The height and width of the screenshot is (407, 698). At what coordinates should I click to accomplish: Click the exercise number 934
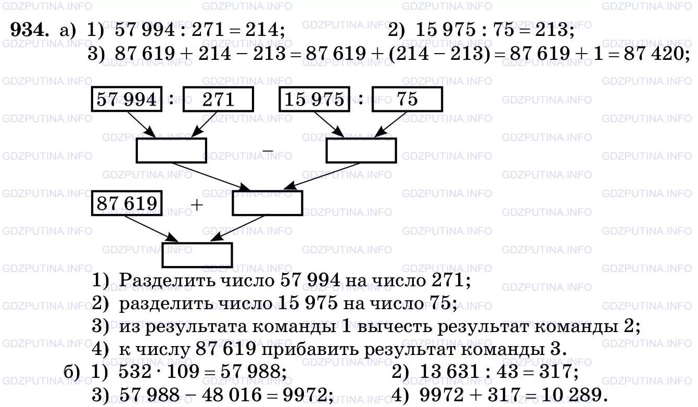tap(30, 31)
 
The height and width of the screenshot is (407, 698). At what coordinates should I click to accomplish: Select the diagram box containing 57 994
tap(126, 99)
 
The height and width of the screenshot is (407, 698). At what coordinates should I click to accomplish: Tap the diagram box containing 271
tap(218, 99)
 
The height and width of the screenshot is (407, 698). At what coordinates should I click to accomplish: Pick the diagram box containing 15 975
tap(314, 99)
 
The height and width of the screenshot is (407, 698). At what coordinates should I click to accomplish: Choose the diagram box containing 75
tap(407, 99)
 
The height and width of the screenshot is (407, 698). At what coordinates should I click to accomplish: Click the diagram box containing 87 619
tap(126, 203)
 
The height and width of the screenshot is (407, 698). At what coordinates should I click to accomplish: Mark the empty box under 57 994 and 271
tap(171, 150)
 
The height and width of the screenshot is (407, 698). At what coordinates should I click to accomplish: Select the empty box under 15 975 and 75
tap(361, 150)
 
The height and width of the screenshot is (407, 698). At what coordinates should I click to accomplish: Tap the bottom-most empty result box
tap(197, 255)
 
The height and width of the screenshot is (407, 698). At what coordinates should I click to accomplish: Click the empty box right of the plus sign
tap(267, 203)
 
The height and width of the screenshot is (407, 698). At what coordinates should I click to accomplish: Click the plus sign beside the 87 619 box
tap(197, 205)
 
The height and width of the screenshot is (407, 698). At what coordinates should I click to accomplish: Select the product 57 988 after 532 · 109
tap(253, 372)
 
